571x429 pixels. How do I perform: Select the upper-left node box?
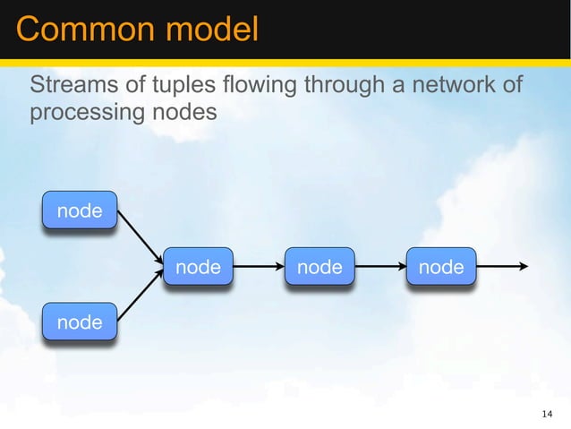point(80,210)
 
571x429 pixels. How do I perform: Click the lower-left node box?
point(80,322)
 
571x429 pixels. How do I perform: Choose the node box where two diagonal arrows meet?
point(198,266)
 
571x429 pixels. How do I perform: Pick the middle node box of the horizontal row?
point(320,266)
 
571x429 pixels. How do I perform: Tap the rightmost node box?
point(441,266)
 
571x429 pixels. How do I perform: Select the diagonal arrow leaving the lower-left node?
point(140,296)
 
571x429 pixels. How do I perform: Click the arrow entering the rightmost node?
point(380,266)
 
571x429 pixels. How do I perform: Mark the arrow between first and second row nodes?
point(259,266)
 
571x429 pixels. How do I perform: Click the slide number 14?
point(548,413)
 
